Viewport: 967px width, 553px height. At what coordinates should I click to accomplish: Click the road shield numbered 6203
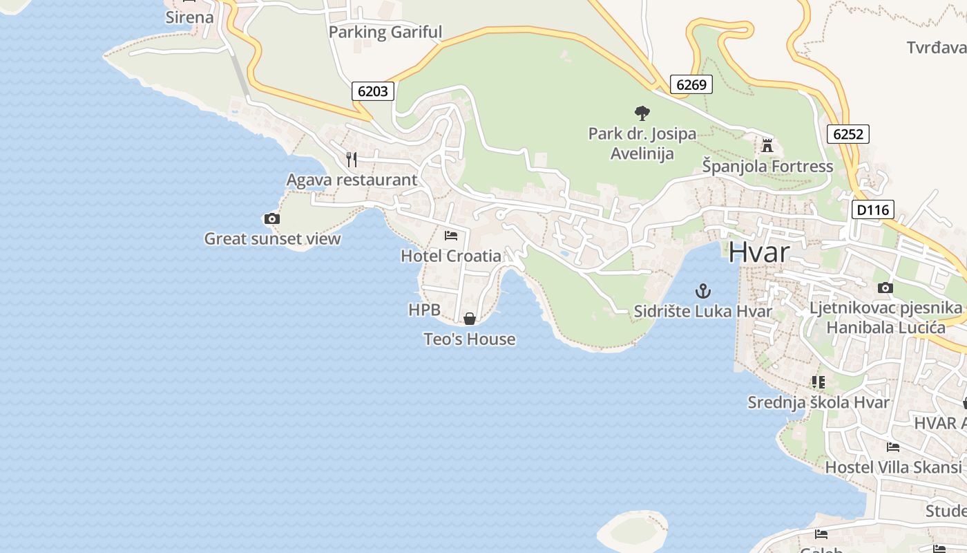[373, 91]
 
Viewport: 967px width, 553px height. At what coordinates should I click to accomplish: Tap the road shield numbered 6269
[691, 84]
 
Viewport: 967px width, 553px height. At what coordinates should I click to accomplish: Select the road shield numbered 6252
[848, 134]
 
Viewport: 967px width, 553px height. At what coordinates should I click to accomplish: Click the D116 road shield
[873, 209]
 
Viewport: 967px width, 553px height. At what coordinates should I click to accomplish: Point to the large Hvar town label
[758, 252]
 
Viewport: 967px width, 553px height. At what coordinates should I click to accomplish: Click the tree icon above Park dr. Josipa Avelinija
[642, 113]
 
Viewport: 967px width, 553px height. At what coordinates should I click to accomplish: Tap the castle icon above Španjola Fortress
[767, 146]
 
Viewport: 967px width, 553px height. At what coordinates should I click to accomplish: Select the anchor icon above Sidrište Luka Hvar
[702, 291]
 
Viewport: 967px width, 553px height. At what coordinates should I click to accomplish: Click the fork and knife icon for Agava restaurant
[352, 160]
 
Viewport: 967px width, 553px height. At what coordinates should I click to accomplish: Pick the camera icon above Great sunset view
[272, 219]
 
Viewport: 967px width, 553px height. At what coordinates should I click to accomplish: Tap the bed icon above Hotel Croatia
[451, 236]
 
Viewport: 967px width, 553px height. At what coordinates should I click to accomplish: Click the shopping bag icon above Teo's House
[470, 319]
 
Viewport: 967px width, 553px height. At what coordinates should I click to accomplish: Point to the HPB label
[424, 310]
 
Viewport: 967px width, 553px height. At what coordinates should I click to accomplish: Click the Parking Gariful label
[385, 32]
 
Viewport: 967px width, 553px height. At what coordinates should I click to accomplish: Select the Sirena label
[189, 17]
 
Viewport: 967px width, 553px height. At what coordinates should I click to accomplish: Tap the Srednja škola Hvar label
[818, 402]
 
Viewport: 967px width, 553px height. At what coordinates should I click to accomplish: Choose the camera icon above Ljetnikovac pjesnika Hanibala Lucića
[885, 288]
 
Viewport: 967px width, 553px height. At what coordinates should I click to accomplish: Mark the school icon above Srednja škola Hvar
[818, 382]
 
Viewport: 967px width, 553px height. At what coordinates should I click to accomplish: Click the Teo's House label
[470, 339]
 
